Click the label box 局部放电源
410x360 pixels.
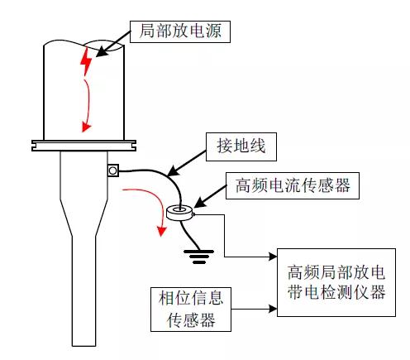click(180, 31)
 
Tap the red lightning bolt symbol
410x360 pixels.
click(86, 62)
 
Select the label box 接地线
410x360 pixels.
click(241, 146)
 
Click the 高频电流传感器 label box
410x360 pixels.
click(293, 185)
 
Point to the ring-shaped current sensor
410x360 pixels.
click(180, 213)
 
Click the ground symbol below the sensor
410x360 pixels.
click(199, 257)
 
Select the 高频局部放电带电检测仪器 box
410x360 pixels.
click(336, 282)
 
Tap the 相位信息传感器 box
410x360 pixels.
click(191, 310)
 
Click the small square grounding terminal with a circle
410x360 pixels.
click(113, 170)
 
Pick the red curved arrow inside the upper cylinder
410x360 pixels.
click(88, 105)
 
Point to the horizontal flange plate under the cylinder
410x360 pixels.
click(83, 146)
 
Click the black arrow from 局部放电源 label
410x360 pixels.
click(113, 44)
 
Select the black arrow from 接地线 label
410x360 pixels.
click(187, 163)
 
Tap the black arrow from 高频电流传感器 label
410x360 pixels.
click(210, 196)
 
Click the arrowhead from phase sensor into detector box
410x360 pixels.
click(274, 309)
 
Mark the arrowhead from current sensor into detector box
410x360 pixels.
click(274, 257)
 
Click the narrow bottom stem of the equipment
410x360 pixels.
click(83, 291)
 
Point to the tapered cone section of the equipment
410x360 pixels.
click(83, 218)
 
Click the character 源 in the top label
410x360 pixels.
click(212, 31)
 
